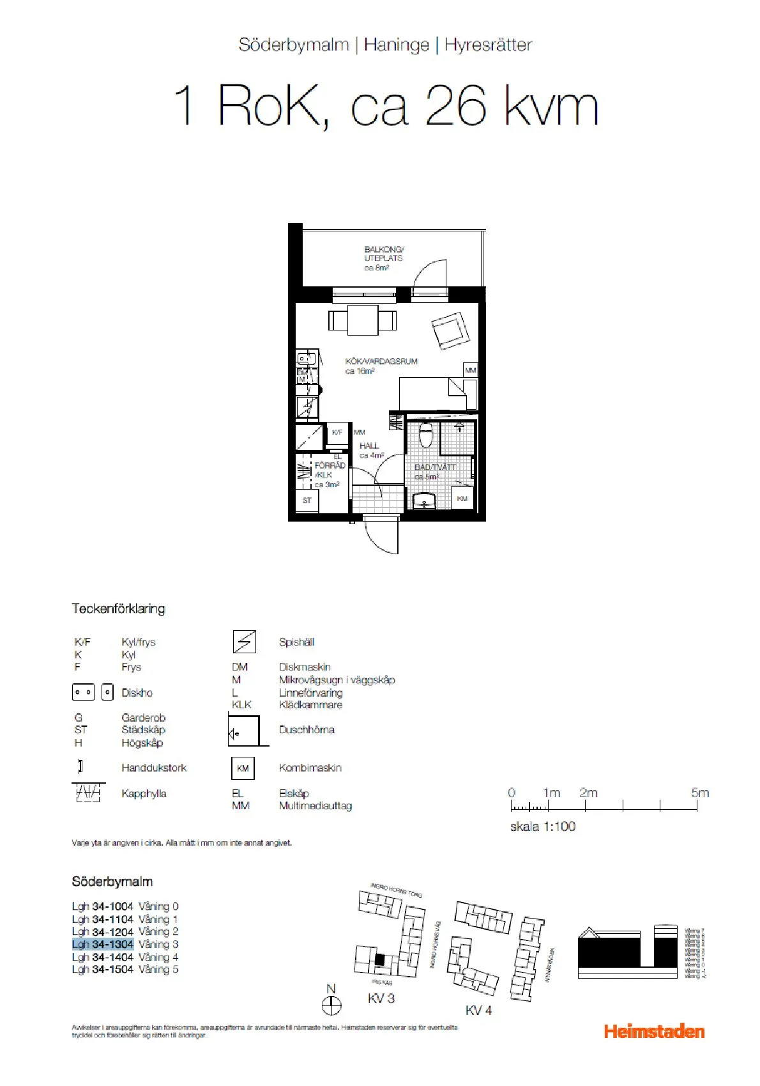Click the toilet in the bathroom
click(426, 435)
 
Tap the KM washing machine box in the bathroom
click(462, 499)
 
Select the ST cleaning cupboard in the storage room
click(307, 500)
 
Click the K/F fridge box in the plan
click(337, 433)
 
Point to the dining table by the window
click(362, 320)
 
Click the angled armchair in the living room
click(451, 330)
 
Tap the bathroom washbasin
click(424, 502)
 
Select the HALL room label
click(369, 446)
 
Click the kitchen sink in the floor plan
click(307, 359)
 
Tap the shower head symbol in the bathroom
click(459, 427)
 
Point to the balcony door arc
click(430, 274)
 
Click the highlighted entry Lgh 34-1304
click(103, 944)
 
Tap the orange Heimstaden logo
click(654, 1031)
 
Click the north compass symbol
click(331, 1006)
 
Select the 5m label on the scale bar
click(700, 793)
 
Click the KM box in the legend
click(243, 768)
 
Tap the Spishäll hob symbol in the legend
click(244, 642)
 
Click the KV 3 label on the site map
click(381, 998)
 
